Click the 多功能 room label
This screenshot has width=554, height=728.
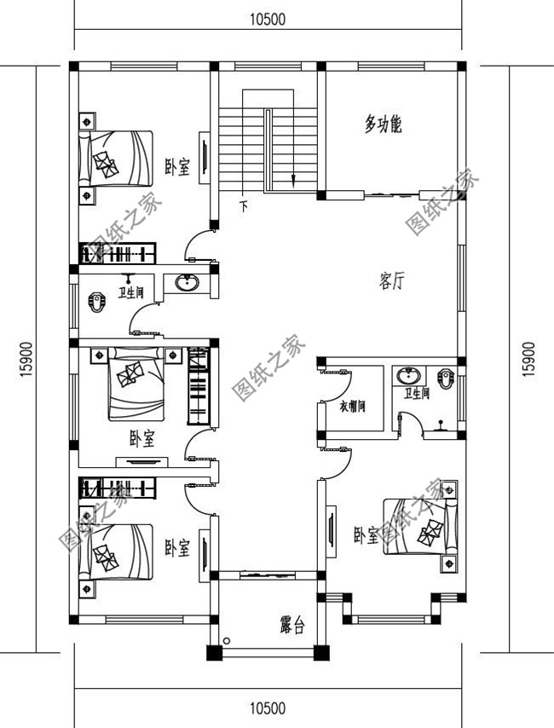[383, 125]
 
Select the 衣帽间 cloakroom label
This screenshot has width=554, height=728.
[351, 406]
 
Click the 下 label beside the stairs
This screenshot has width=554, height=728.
[244, 205]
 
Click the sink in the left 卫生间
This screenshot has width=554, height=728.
[186, 283]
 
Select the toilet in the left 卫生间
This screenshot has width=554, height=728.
[96, 301]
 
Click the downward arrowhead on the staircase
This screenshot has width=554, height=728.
[293, 180]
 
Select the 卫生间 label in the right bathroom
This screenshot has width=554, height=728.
[417, 393]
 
